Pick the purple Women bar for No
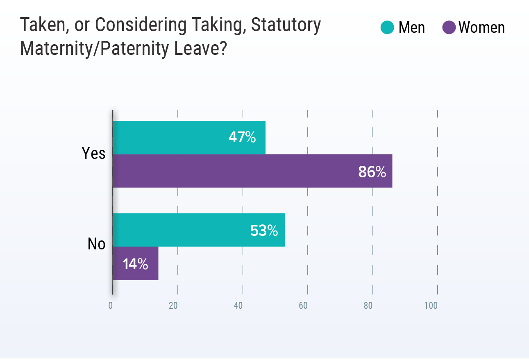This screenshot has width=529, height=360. click(135, 263)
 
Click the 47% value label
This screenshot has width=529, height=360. click(242, 138)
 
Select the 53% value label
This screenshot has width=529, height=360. click(264, 231)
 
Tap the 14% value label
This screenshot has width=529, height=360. click(136, 264)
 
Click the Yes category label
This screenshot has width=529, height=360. click(94, 154)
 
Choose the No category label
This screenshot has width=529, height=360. click(97, 244)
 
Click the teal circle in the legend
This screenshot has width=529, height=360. click(387, 27)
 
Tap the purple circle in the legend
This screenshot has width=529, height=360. click(449, 27)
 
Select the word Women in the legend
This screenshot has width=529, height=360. click(481, 28)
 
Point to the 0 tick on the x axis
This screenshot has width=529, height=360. click(111, 306)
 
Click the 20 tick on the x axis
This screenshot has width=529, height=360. click(173, 306)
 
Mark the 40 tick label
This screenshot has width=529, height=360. click(238, 306)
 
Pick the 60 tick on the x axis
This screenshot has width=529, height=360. click(303, 306)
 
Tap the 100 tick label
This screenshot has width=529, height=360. click(431, 306)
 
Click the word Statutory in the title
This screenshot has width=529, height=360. click(286, 25)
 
